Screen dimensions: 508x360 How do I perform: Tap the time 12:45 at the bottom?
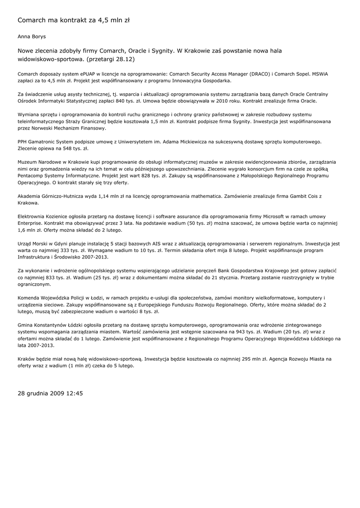(x=73, y=393)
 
